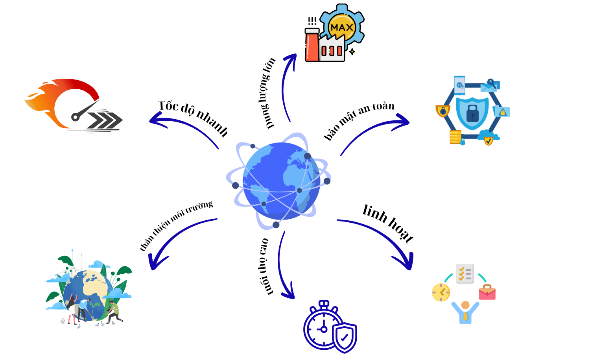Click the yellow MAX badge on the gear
(x=341, y=28)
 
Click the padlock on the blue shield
(x=472, y=113)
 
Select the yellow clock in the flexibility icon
(x=441, y=292)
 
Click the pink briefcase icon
(x=487, y=292)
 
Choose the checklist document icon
(x=465, y=273)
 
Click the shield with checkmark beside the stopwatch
(x=344, y=337)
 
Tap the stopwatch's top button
(x=324, y=303)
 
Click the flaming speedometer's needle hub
(x=76, y=116)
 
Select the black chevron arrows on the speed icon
(x=105, y=120)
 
